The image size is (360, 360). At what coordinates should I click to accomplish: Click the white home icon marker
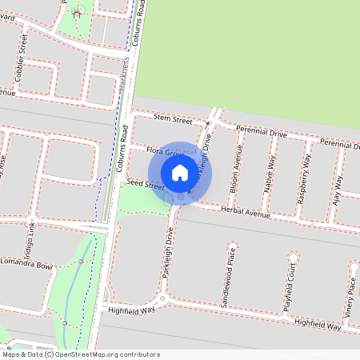pyautogui.click(x=180, y=173)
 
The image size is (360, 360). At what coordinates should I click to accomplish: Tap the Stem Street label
pyautogui.click(x=173, y=119)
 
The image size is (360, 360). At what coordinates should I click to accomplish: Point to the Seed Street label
pyautogui.click(x=145, y=184)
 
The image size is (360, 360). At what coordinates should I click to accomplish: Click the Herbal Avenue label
pyautogui.click(x=247, y=212)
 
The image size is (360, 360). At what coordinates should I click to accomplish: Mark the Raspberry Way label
pyautogui.click(x=305, y=180)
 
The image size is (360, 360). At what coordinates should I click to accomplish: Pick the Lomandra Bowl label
pyautogui.click(x=26, y=266)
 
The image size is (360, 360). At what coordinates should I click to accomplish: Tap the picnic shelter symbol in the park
pyautogui.click(x=77, y=12)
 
